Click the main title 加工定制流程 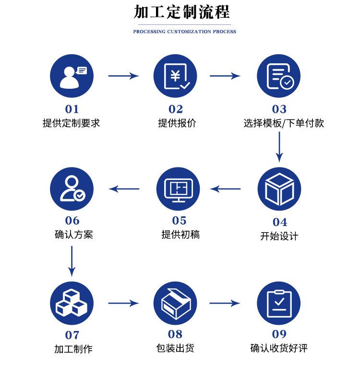pyautogui.click(x=182, y=12)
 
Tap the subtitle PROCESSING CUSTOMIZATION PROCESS pyautogui.click(x=185, y=32)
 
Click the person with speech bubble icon pyautogui.click(x=72, y=76)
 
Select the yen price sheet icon pyautogui.click(x=175, y=76)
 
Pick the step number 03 pyautogui.click(x=279, y=109)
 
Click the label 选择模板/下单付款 pyautogui.click(x=284, y=123)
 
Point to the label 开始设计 pyautogui.click(x=279, y=236)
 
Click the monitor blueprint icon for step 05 pyautogui.click(x=178, y=189)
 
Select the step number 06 pyautogui.click(x=72, y=221)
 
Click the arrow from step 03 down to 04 pyautogui.click(x=279, y=146)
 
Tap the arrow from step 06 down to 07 pyautogui.click(x=72, y=260)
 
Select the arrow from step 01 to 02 pyautogui.click(x=123, y=76)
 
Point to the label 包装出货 pyautogui.click(x=175, y=349)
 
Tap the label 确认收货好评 pyautogui.click(x=279, y=349)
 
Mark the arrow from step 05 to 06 pyautogui.click(x=124, y=189)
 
